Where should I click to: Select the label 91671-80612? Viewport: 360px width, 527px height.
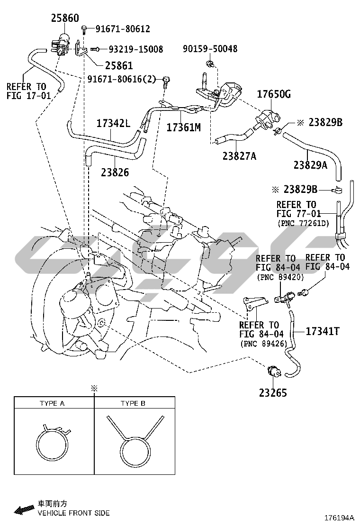(123, 29)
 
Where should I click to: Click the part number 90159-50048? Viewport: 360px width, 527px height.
(211, 49)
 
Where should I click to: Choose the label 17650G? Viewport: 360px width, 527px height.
(274, 94)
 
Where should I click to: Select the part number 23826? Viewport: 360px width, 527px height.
(115, 173)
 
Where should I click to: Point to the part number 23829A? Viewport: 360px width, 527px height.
(310, 164)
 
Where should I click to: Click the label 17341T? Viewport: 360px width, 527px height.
(323, 331)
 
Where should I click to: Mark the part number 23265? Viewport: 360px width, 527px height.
(272, 392)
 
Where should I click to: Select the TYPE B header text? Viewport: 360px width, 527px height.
(133, 403)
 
